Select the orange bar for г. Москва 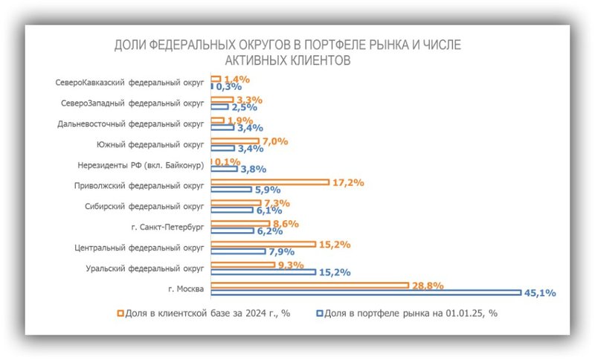click(x=309, y=285)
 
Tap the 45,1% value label click(x=541, y=293)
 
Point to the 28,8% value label click(x=428, y=285)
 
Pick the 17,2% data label click(x=347, y=181)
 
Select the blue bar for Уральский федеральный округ click(x=263, y=272)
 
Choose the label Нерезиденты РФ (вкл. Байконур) click(x=141, y=165)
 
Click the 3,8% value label click(x=252, y=169)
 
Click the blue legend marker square click(x=321, y=314)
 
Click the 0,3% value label click(x=230, y=87)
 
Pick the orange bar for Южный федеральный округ click(x=235, y=141)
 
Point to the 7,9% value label click(x=282, y=251)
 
